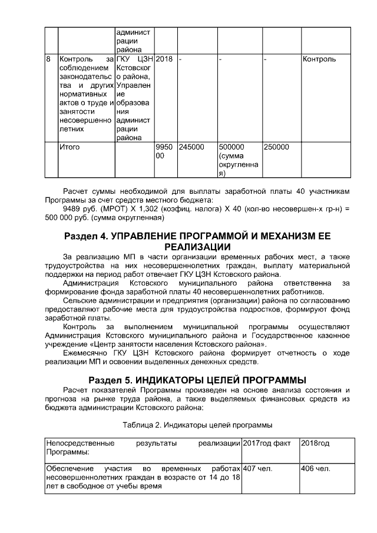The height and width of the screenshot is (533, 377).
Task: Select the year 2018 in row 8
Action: tap(164, 59)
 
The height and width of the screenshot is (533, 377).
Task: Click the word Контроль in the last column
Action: tap(319, 59)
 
